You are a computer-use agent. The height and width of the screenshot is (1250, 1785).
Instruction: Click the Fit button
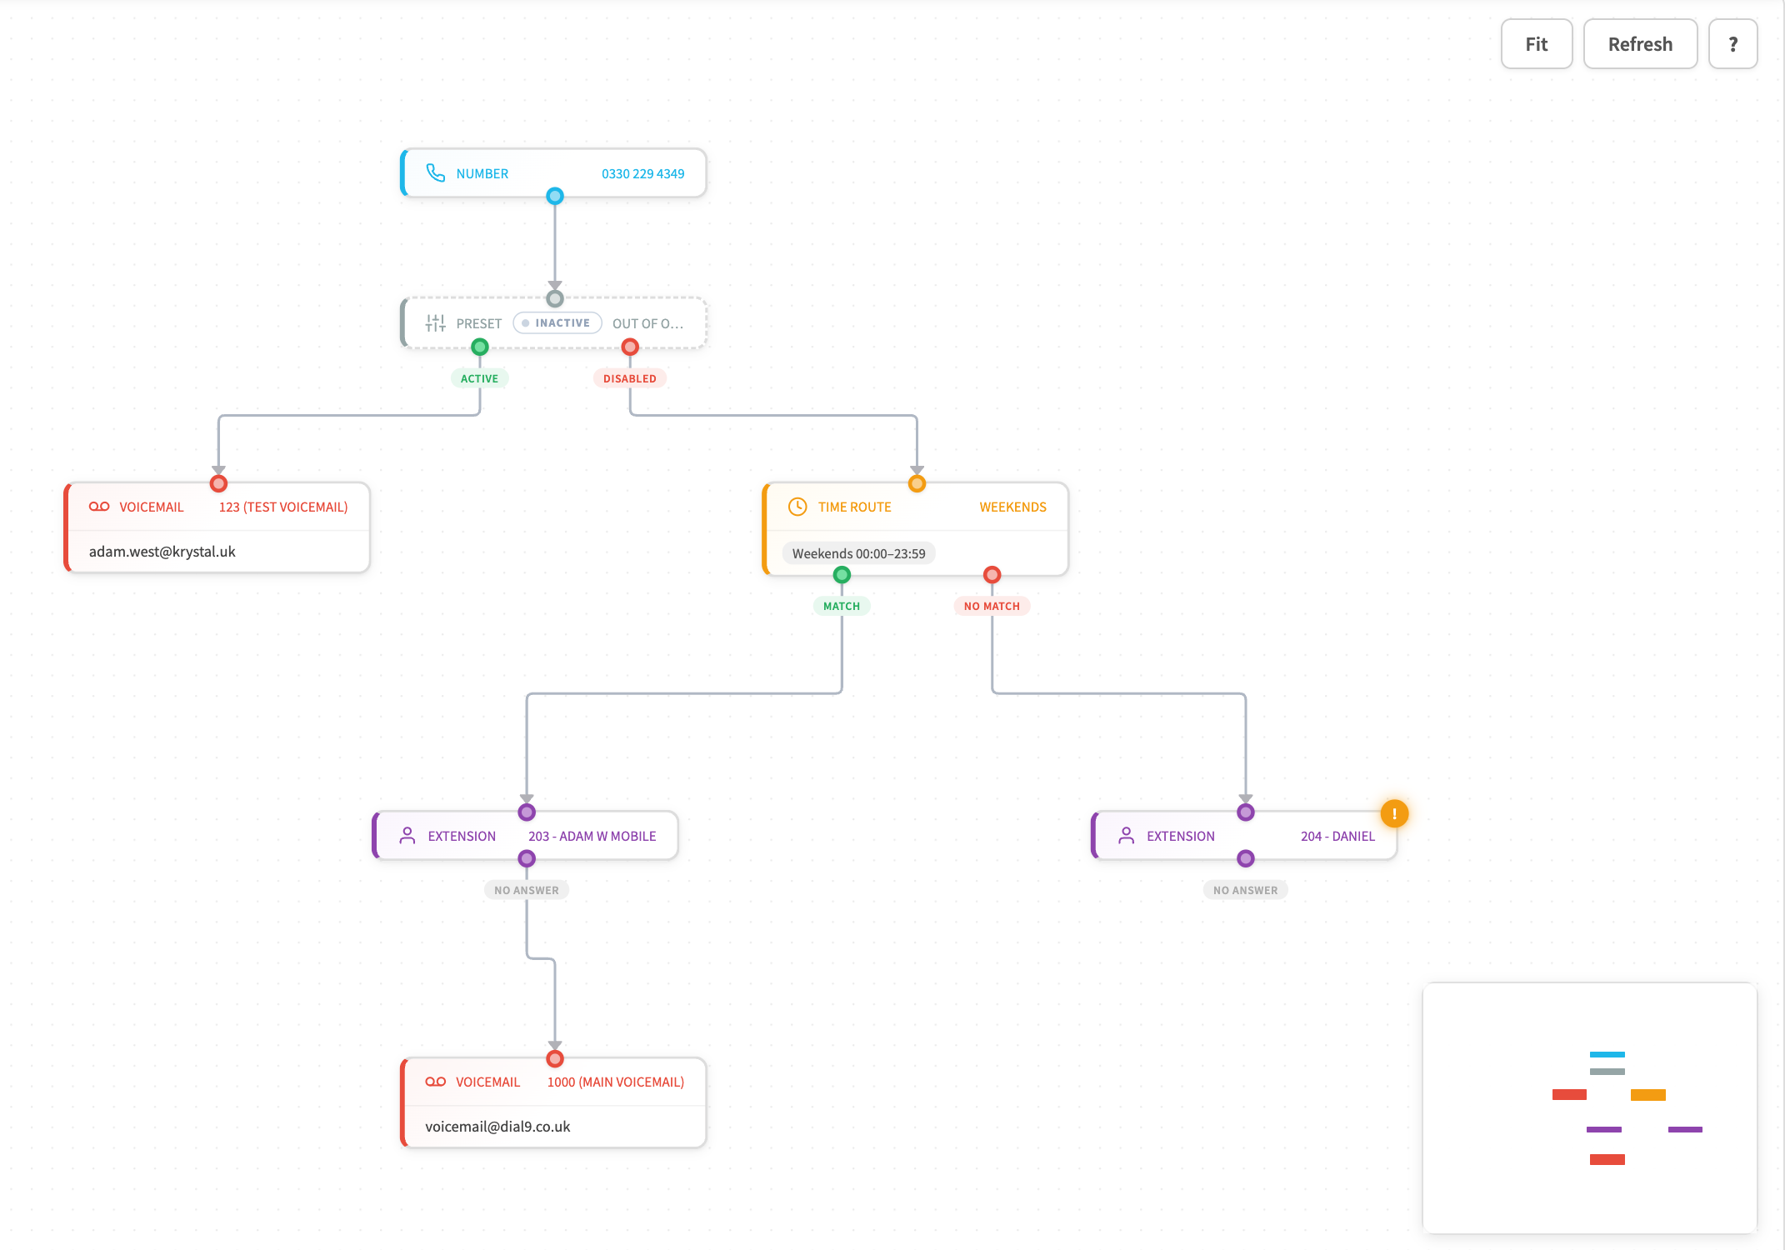coord(1536,44)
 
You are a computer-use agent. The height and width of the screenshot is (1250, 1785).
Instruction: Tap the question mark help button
coord(1732,44)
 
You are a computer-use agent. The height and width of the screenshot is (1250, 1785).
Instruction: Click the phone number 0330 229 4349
coord(642,174)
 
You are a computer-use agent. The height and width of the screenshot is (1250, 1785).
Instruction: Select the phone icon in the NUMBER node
coord(435,173)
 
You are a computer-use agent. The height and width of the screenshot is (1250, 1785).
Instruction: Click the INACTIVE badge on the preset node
coord(557,323)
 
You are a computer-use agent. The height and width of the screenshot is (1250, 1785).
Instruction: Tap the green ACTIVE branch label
coord(479,378)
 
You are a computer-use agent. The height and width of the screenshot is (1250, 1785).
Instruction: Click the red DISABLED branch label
coord(629,378)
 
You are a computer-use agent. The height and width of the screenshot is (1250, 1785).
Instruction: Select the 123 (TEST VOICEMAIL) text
coord(283,507)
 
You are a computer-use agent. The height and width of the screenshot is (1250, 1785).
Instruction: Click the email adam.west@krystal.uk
coord(162,552)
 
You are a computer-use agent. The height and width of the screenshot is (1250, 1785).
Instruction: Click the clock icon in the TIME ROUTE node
coord(797,507)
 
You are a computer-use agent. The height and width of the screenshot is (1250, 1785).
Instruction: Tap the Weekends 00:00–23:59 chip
coord(858,553)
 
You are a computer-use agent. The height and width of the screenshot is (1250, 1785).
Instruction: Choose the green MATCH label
coord(841,606)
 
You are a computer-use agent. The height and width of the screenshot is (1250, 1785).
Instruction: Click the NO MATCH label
coord(992,606)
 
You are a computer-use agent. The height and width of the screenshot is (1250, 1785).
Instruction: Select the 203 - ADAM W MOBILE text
coord(592,836)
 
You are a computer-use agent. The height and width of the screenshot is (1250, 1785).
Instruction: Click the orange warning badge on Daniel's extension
coord(1394,813)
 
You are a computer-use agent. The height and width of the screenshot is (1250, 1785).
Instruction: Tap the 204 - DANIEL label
coord(1337,836)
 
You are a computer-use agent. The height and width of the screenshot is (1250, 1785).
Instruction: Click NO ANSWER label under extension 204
coord(1245,890)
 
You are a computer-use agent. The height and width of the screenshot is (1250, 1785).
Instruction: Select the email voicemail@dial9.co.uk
coord(497,1127)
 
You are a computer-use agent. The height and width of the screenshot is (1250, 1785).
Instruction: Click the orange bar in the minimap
coord(1647,1095)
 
